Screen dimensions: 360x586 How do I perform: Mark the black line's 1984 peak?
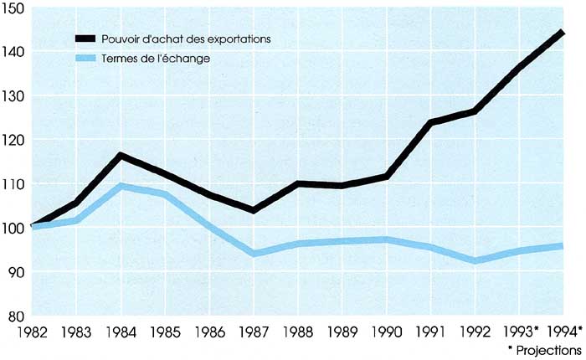(x=121, y=155)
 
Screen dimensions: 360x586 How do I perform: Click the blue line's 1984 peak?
(x=121, y=186)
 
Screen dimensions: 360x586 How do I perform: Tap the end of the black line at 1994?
(x=562, y=33)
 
